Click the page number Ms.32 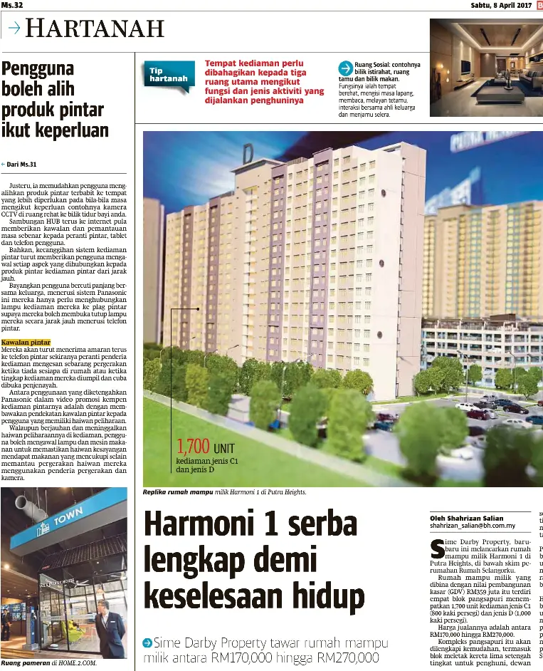pyautogui.click(x=13, y=5)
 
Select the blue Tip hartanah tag pyautogui.click(x=168, y=76)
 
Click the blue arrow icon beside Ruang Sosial pyautogui.click(x=345, y=68)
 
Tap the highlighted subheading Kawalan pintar pyautogui.click(x=26, y=343)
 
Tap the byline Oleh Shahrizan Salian pyautogui.click(x=466, y=518)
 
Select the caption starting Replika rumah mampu pyautogui.click(x=224, y=491)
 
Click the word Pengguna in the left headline pyautogui.click(x=38, y=71)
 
